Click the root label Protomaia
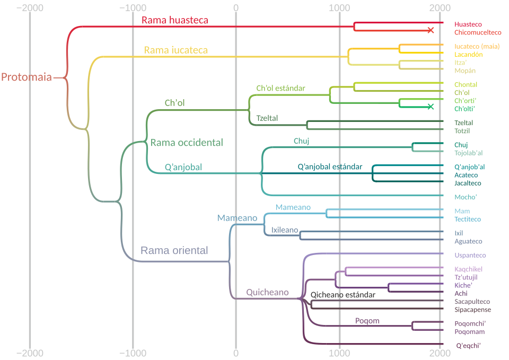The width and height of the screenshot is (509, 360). coord(27,77)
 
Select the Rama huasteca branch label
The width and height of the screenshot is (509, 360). coord(174,21)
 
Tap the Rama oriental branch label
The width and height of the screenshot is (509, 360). coord(174,250)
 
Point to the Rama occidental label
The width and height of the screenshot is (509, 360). coord(187,143)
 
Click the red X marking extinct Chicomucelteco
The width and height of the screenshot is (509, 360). coord(431,30)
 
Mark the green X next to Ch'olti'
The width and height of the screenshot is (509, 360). coord(431,107)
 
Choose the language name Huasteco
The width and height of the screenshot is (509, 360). coord(468,24)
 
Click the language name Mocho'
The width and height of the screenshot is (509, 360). coord(466,197)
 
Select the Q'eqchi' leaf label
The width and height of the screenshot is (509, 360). coord(468,346)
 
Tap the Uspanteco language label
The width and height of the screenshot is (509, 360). coord(470,255)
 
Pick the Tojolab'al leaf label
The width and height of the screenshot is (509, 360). coord(468,153)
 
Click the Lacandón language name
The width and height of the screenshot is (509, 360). coord(468,54)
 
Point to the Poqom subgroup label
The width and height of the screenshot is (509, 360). coord(367,321)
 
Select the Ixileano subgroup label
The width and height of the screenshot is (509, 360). coord(285,230)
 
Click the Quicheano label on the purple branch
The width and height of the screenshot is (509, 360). coord(267,292)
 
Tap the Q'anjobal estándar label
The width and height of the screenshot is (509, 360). coord(330,166)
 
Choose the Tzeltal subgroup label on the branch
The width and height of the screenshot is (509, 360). coord(267,118)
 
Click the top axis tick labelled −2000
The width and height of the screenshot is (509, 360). coord(30,7)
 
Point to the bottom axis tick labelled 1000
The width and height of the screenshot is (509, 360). coord(339,353)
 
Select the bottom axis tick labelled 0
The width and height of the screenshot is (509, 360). coord(236,353)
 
